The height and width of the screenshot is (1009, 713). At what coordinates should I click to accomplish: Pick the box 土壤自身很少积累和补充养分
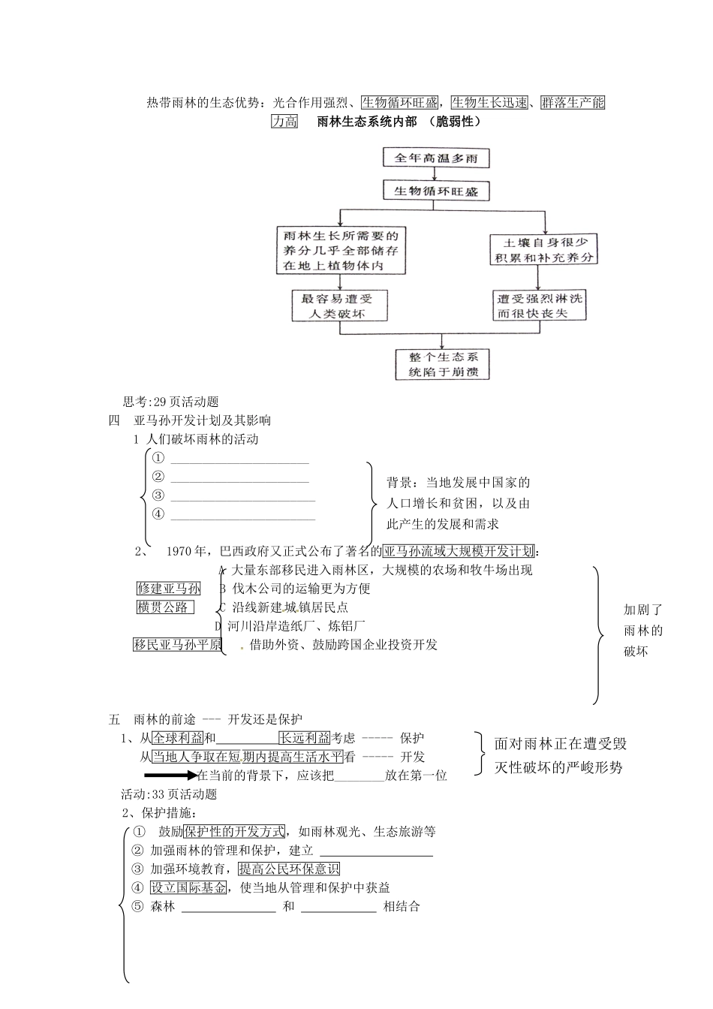(x=544, y=249)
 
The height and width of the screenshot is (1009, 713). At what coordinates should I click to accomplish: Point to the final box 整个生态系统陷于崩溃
(x=443, y=364)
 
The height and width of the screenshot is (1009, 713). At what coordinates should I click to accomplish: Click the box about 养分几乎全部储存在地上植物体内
(x=340, y=251)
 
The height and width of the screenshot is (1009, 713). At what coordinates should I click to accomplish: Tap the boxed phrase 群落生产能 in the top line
(x=573, y=102)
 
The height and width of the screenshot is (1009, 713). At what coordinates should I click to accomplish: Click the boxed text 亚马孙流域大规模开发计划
(x=459, y=551)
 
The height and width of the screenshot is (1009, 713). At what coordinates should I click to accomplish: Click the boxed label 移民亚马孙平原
(x=178, y=644)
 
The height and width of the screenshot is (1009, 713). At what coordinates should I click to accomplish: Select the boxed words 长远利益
(x=305, y=738)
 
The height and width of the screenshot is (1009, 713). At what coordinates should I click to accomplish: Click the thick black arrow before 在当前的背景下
(x=170, y=776)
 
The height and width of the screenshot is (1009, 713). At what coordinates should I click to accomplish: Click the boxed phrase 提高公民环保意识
(x=289, y=869)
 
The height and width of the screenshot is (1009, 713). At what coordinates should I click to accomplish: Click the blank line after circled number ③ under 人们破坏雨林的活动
(x=242, y=496)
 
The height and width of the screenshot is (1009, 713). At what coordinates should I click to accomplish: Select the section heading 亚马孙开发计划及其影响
(x=202, y=420)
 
